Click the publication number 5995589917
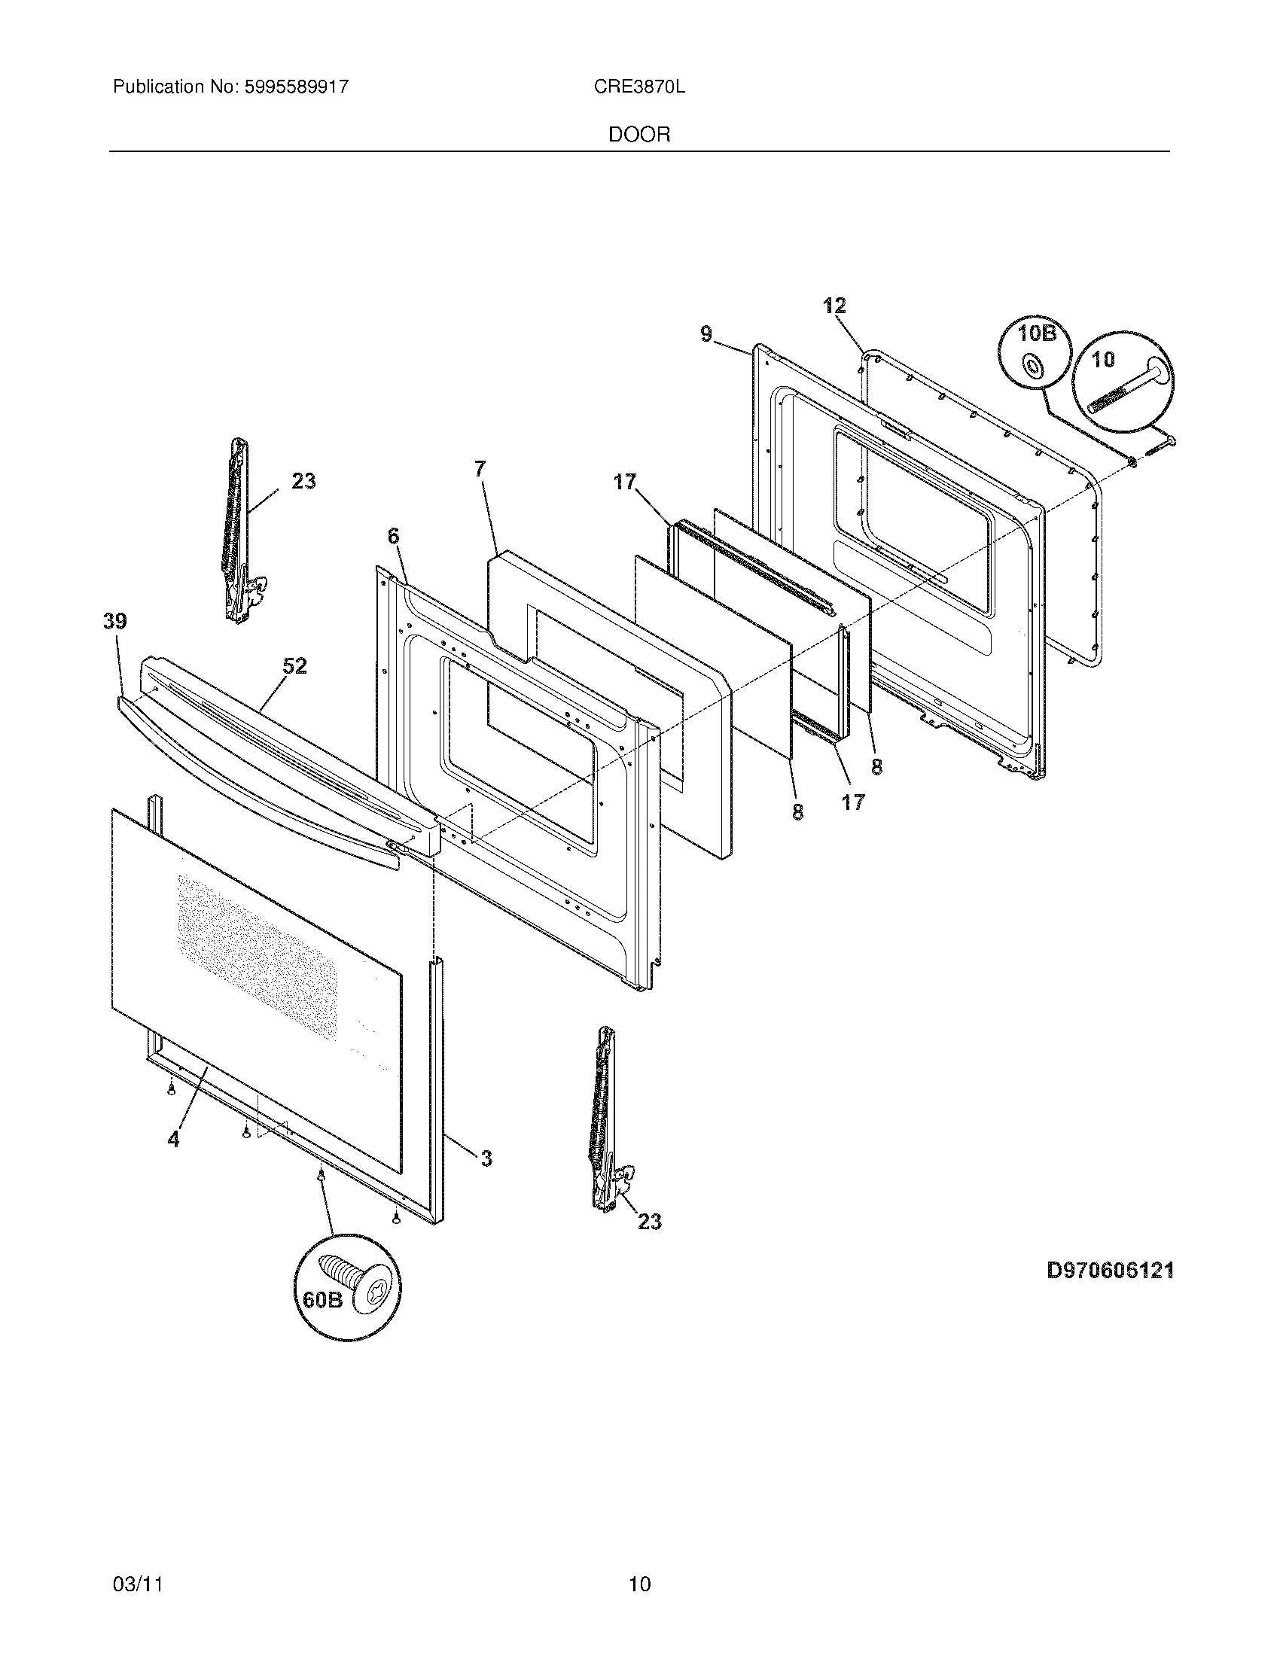coord(296,87)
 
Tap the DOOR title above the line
coord(639,135)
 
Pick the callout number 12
coord(834,306)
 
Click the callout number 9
coord(706,333)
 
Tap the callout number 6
coord(393,536)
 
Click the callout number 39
coord(115,622)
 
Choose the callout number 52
coord(295,666)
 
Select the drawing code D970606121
coord(1110,1271)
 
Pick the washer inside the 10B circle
coord(1032,368)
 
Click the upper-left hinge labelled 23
coord(237,531)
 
